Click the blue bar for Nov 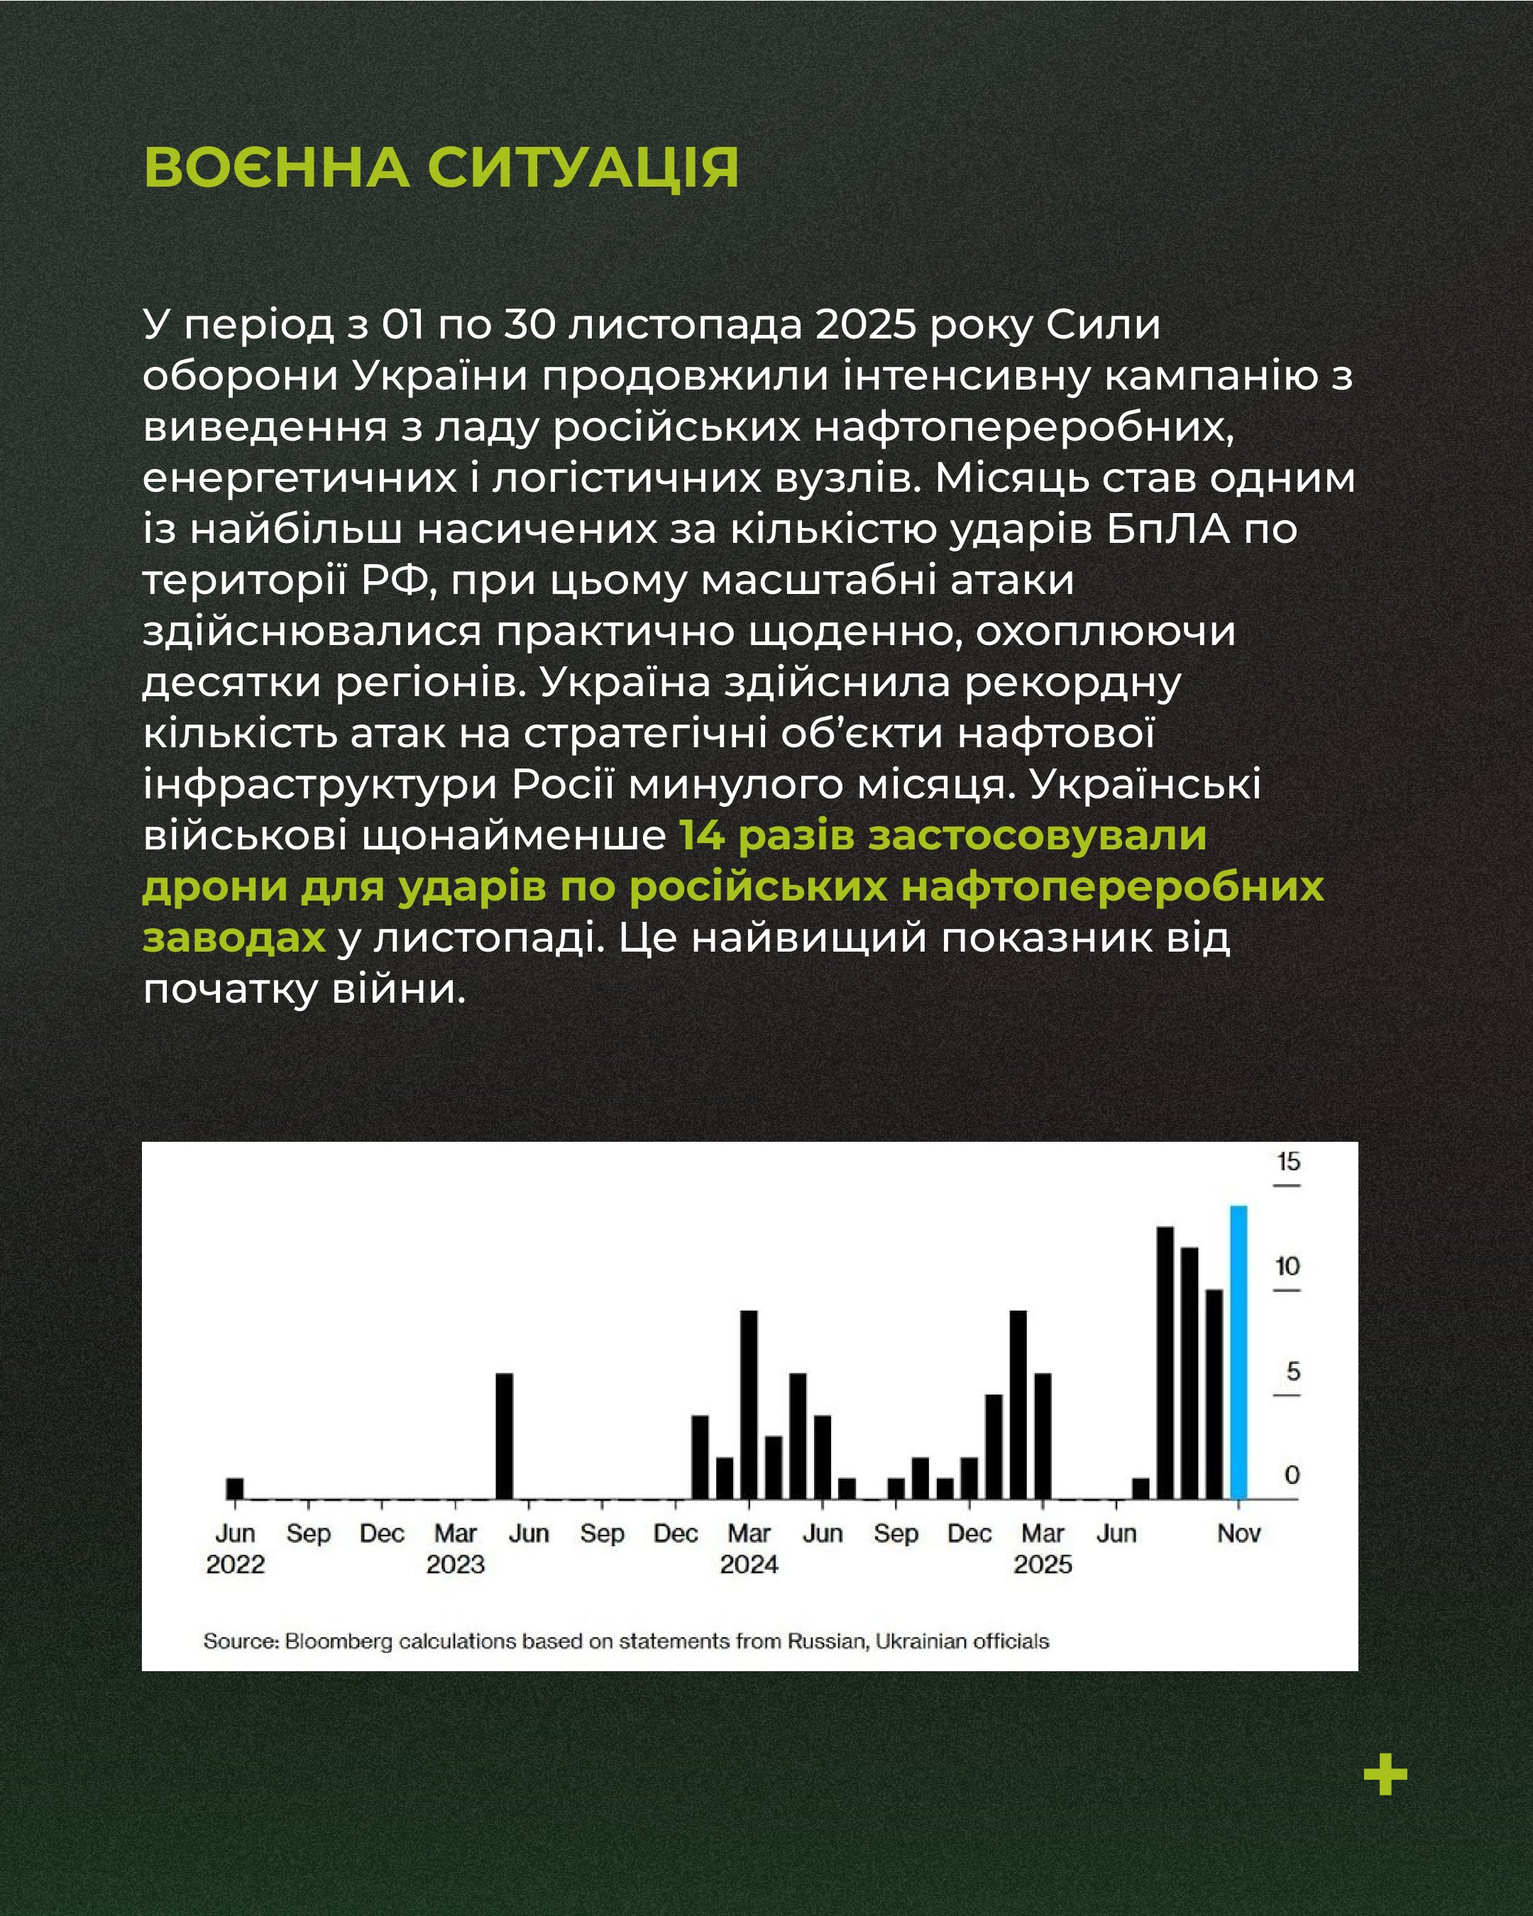coord(1238,1352)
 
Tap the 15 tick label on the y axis coord(1287,1162)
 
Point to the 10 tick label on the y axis coord(1287,1267)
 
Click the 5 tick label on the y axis coord(1293,1371)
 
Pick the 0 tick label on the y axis coord(1292,1475)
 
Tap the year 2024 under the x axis coord(749,1564)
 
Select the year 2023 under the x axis coord(455,1564)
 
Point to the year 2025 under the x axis coord(1043,1564)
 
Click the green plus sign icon coord(1385,1775)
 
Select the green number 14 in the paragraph coord(703,835)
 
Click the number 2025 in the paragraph coord(866,324)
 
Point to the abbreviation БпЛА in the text coord(1167,529)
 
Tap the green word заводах coord(233,937)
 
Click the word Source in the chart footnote coord(240,1641)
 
